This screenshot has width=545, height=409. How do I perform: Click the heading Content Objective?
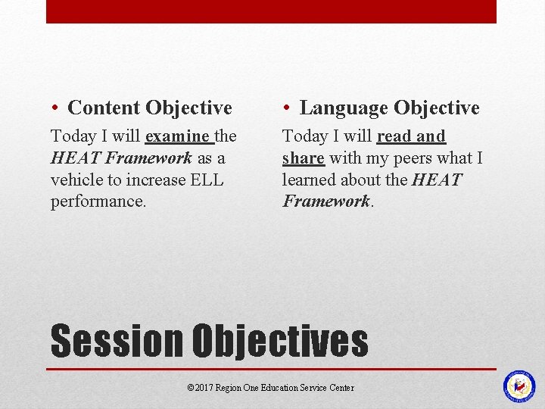(149, 108)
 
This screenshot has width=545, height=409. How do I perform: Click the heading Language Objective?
(389, 108)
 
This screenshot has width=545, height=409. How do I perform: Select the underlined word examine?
(178, 137)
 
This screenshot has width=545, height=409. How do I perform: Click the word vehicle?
(76, 180)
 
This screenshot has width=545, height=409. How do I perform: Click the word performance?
(97, 202)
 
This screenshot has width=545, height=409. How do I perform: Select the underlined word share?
(303, 158)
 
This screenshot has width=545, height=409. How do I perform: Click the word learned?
(310, 180)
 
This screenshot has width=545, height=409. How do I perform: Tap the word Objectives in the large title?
(280, 341)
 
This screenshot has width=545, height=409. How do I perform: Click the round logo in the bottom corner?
(519, 386)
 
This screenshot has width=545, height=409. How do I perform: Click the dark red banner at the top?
(271, 11)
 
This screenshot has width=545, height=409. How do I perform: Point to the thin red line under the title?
(271, 370)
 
